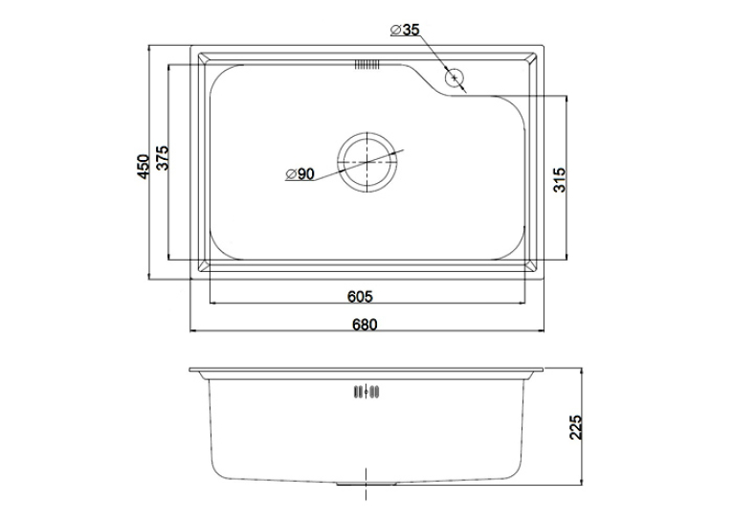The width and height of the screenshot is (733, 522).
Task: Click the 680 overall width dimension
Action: point(365,324)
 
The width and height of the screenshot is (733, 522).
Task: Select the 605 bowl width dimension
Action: point(360,297)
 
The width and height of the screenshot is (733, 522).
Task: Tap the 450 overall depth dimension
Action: point(143,167)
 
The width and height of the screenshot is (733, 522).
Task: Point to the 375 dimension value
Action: point(163,158)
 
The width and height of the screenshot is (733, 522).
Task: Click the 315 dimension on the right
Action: point(559,180)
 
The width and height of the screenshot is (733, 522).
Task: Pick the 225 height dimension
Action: point(576,427)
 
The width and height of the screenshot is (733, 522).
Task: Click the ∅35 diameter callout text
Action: point(406,30)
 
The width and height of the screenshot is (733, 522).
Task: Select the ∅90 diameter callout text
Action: point(300,174)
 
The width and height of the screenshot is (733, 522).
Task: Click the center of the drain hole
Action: point(367,162)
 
